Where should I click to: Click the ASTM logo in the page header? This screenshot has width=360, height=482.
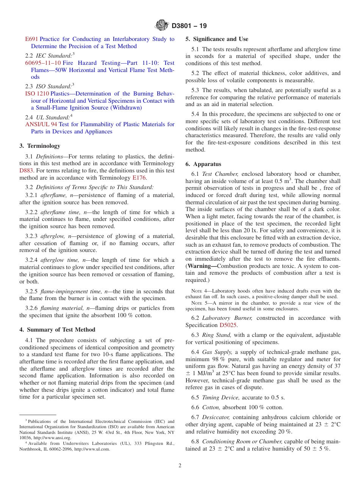[x=162, y=26]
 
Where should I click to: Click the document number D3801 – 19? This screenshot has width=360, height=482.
[x=189, y=26]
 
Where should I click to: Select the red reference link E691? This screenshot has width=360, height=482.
[x=31, y=39]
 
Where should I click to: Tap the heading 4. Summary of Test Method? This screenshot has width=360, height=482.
[x=57, y=330]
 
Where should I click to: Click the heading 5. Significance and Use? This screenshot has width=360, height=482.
[x=217, y=39]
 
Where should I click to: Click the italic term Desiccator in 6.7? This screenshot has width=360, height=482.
[x=216, y=417]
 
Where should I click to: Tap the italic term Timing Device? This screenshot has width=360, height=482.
[x=216, y=397]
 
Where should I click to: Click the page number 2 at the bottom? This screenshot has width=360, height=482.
[x=180, y=466]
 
